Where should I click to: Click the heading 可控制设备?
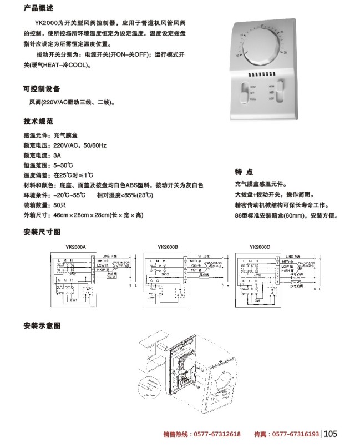point(42,89)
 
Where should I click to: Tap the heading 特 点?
point(245,172)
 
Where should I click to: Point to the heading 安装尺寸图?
point(42,231)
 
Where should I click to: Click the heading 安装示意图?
point(42,324)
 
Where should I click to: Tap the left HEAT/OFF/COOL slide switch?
point(245,92)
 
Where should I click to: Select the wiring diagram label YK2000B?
point(168,247)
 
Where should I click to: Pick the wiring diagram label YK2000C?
point(259,247)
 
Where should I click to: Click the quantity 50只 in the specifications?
point(60,205)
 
